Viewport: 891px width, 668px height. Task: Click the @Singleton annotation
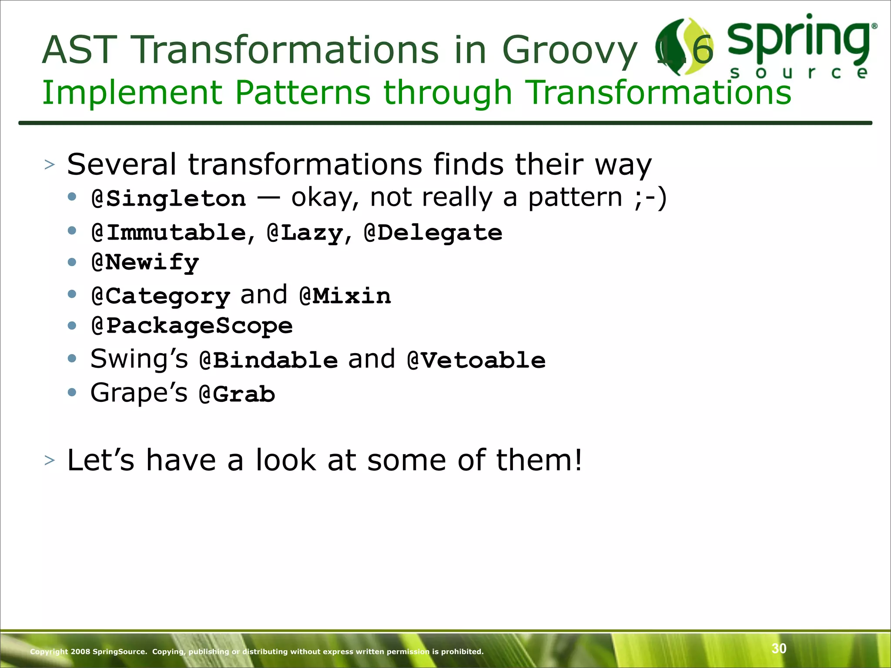coord(169,199)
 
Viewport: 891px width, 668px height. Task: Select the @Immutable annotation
coord(169,232)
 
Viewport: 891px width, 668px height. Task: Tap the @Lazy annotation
coord(305,233)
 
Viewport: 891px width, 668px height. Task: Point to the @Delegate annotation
coord(433,232)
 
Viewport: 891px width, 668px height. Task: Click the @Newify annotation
coord(145,263)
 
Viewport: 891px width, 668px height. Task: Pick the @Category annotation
coord(161,297)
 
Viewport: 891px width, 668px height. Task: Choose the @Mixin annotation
coord(345,296)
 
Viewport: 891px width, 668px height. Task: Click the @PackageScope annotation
coord(192,326)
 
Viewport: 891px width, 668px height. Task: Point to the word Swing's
coord(139,359)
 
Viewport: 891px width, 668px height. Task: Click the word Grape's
coord(139,393)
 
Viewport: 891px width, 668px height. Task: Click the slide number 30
coord(779,648)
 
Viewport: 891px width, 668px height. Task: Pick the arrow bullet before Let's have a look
coord(50,460)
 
